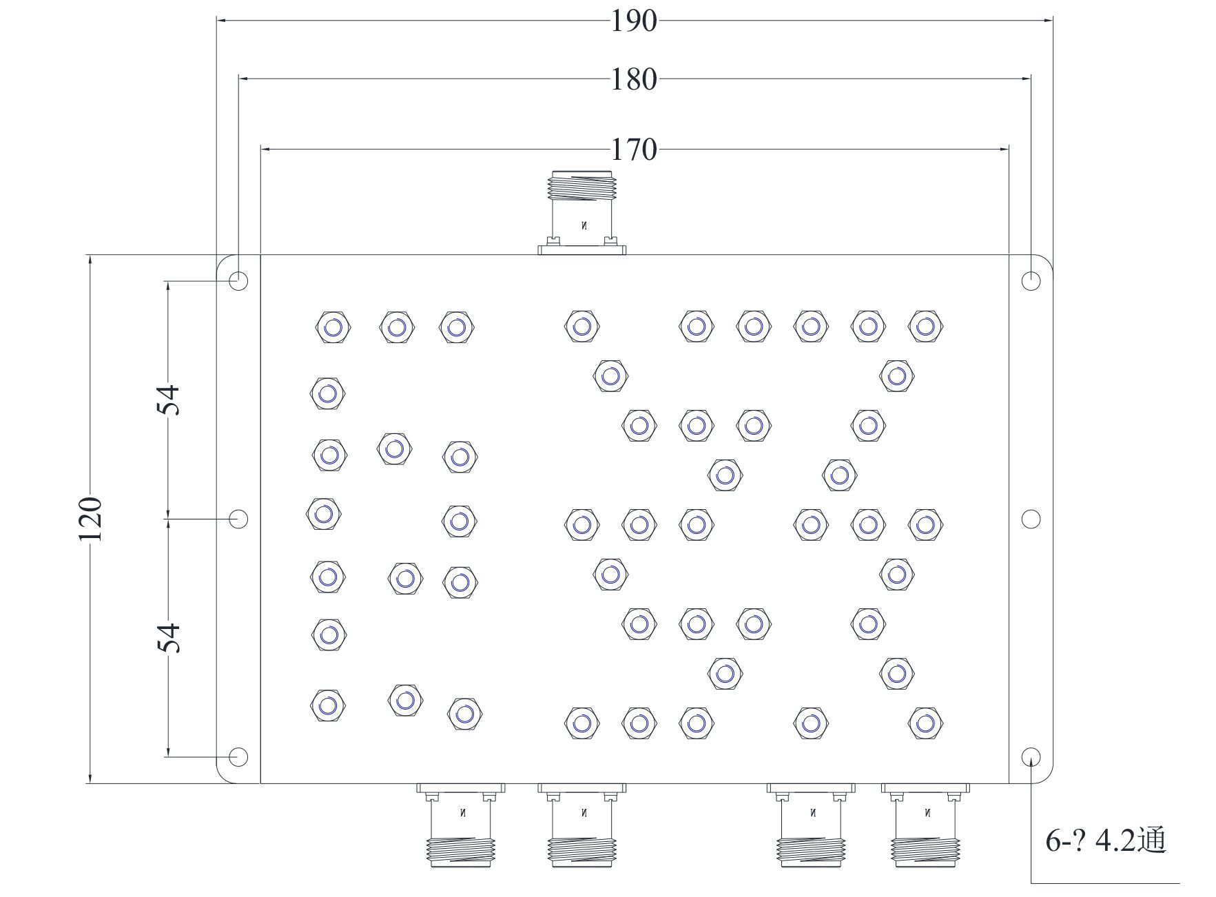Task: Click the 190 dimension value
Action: (x=634, y=21)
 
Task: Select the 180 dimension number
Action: (x=634, y=79)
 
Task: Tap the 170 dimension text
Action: (x=634, y=149)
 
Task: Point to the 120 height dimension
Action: (x=90, y=518)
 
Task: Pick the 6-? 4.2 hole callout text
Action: (x=1105, y=841)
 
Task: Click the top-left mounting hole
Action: (x=238, y=280)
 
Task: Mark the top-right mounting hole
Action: (x=1031, y=280)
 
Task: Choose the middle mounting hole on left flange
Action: (x=238, y=518)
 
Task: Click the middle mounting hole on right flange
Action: (x=1031, y=519)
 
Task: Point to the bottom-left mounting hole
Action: (x=238, y=756)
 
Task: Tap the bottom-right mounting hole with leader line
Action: (x=1031, y=756)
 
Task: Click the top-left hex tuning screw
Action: (x=333, y=327)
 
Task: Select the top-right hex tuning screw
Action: (x=925, y=327)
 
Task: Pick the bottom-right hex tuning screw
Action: (x=925, y=723)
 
